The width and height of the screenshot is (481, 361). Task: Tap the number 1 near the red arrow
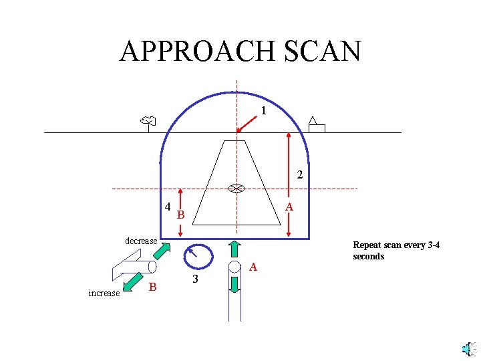264,111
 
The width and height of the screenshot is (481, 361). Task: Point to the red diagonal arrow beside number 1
248,122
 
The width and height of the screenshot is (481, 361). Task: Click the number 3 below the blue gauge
195,279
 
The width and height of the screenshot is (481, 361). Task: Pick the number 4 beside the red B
168,206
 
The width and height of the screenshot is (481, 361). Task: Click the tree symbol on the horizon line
148,122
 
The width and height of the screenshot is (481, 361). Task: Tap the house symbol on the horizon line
316,125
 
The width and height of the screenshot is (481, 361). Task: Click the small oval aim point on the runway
236,189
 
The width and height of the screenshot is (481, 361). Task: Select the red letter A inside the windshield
289,208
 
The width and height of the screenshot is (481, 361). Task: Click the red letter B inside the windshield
180,215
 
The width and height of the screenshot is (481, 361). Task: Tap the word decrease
141,241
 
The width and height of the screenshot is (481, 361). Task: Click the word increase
104,293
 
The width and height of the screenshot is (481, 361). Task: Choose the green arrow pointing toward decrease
161,251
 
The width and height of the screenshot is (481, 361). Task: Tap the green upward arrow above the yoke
234,249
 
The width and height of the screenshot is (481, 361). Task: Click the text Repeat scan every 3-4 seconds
395,250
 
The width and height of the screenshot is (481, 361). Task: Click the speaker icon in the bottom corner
469,349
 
